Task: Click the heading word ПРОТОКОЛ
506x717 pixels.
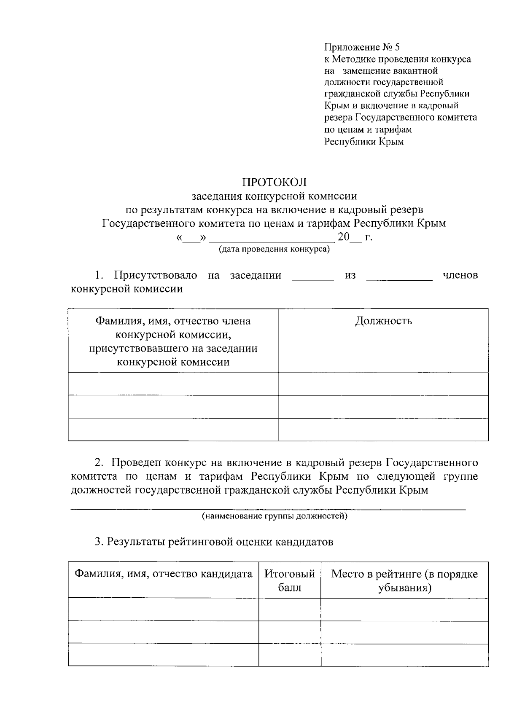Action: pos(274,182)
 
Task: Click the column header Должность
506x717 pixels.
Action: pos(383,321)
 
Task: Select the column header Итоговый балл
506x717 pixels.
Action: pos(290,580)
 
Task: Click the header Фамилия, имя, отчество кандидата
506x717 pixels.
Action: pos(164,574)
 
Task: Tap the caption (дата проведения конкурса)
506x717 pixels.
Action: pos(274,249)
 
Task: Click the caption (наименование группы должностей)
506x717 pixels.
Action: pos(274,516)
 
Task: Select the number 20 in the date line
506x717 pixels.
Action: pos(344,237)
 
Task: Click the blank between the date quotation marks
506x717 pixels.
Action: pos(191,239)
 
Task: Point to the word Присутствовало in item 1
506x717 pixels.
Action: pos(156,275)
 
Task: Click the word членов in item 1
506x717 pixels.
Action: pos(460,275)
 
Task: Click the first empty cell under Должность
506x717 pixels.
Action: pos(383,384)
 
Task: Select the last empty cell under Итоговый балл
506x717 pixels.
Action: pos(290,655)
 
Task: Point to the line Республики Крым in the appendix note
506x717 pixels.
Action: pos(364,142)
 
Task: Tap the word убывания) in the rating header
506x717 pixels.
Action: pos(404,588)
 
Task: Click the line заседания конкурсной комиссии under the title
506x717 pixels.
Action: pos(274,196)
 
